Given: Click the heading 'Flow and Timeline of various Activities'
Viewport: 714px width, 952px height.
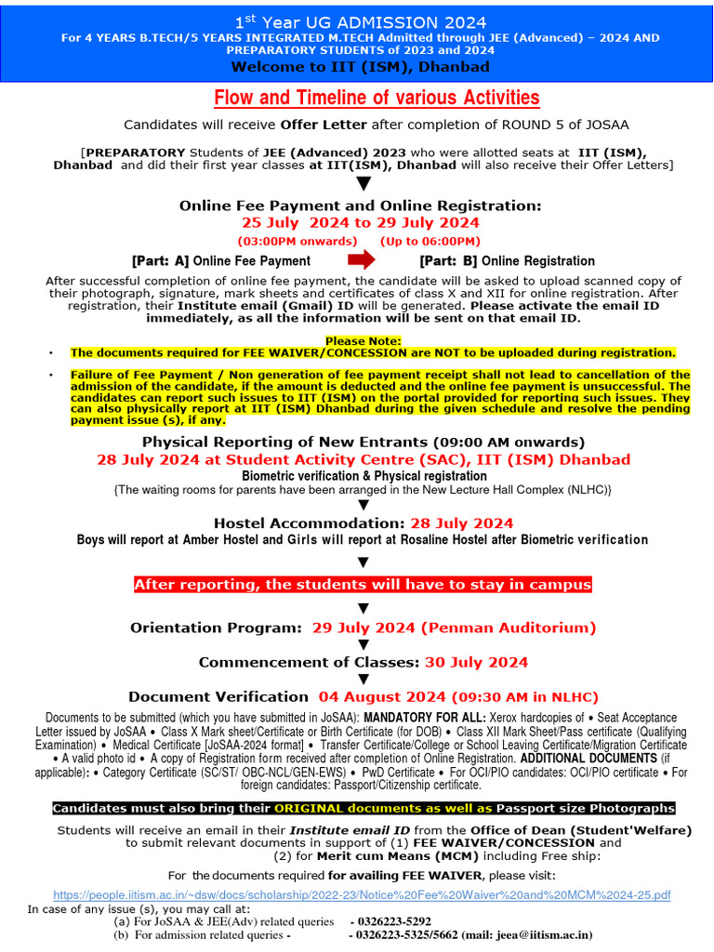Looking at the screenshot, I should (x=377, y=98).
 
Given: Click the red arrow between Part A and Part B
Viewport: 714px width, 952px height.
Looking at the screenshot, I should (x=362, y=260).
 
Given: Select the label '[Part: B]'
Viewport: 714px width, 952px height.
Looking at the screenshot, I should (x=448, y=261).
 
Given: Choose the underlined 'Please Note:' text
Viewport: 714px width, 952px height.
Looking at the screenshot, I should (x=363, y=341).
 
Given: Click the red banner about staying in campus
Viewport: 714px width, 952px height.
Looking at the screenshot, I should (x=363, y=585).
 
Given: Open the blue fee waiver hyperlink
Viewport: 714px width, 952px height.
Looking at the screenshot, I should (x=363, y=894).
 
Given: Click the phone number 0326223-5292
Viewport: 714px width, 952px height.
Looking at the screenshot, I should (x=390, y=921).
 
